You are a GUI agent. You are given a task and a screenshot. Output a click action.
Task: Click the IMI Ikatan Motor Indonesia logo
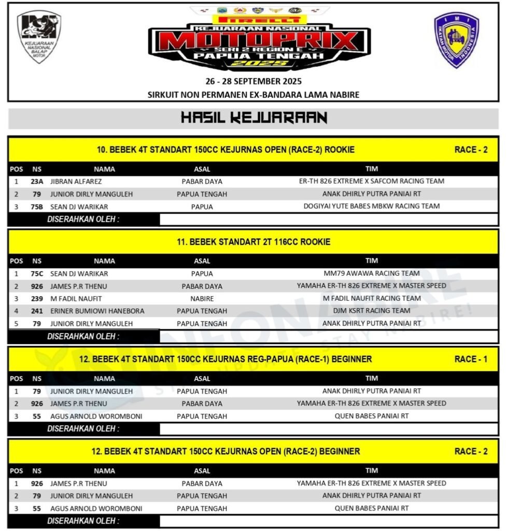click(456, 40)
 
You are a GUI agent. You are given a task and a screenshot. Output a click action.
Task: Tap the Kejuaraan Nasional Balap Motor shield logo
click(39, 37)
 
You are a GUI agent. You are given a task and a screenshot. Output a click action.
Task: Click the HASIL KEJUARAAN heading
click(253, 118)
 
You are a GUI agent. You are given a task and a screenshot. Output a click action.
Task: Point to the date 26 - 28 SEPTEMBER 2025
click(253, 81)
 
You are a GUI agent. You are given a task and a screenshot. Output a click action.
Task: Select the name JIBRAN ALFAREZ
click(76, 181)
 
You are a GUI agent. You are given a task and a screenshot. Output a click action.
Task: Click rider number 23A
click(37, 181)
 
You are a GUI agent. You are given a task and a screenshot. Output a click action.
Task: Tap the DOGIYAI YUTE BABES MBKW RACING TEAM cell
click(372, 206)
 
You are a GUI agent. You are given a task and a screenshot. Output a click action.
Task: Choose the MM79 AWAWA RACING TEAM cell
click(372, 273)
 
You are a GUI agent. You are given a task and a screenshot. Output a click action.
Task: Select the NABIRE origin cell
click(202, 299)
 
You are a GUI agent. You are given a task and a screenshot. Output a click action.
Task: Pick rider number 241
click(37, 311)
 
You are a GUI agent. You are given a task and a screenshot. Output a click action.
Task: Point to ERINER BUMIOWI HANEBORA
click(97, 311)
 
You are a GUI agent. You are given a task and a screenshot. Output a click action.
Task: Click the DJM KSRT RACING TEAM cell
click(372, 311)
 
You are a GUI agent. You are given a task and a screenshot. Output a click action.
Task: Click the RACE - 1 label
click(471, 359)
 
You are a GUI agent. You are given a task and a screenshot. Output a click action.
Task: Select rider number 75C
click(37, 273)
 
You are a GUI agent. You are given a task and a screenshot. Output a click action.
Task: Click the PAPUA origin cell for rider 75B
click(202, 206)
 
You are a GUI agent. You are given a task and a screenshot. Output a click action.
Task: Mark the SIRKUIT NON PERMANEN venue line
click(253, 94)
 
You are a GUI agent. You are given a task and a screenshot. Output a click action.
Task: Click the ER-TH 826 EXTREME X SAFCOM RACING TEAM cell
click(372, 181)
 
